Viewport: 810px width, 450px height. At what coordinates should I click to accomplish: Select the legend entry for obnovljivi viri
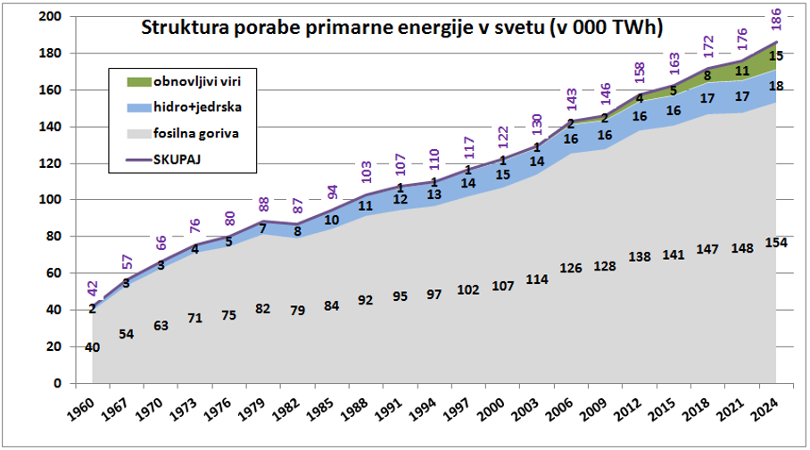192,81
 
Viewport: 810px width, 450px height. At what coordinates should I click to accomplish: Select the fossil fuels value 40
91,347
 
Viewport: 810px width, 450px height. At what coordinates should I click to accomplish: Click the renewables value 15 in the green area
775,56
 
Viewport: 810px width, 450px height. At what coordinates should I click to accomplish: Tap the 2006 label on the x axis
562,410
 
